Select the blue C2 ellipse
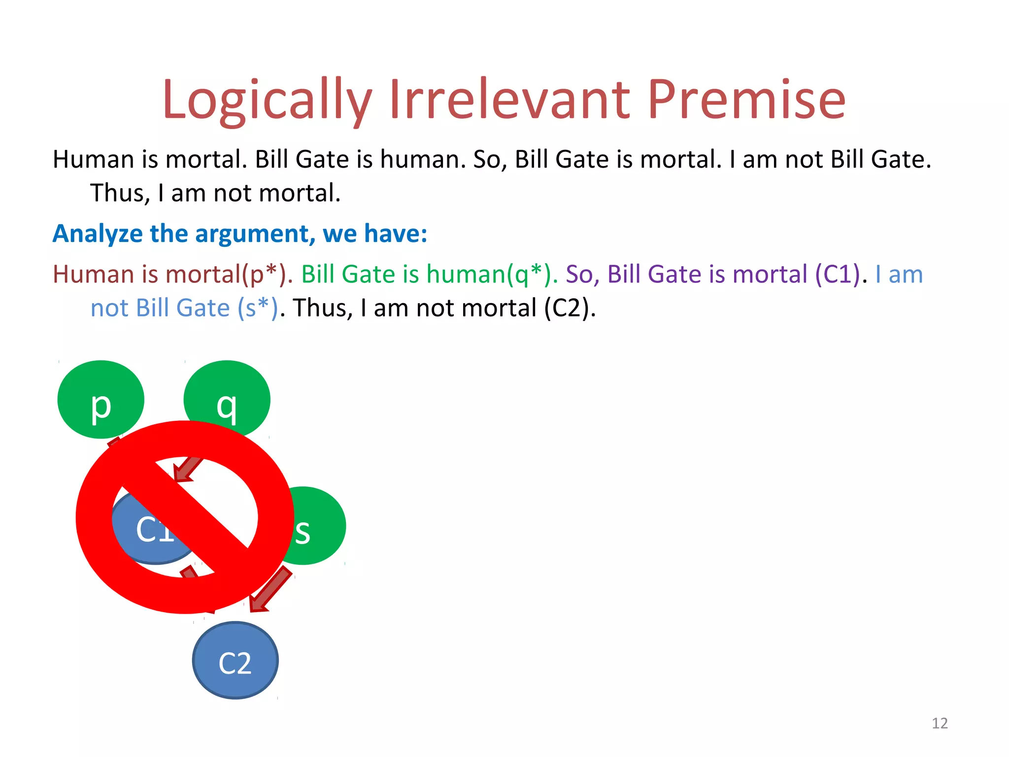(x=235, y=660)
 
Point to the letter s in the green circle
(x=303, y=532)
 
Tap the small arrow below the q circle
(x=188, y=468)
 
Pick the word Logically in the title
(x=267, y=101)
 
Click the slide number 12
(x=940, y=723)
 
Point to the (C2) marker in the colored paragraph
(x=570, y=308)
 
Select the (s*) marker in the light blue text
(x=258, y=308)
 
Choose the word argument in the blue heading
(x=255, y=234)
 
